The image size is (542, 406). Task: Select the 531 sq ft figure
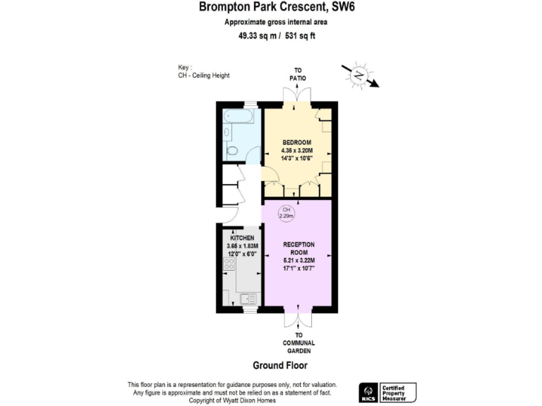click(301, 37)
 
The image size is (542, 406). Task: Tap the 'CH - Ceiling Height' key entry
click(204, 75)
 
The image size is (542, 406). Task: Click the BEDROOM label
click(297, 142)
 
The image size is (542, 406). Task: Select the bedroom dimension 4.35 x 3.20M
click(297, 150)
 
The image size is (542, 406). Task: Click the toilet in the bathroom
click(232, 149)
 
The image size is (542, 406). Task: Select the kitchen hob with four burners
click(229, 264)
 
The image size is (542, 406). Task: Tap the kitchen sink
click(247, 299)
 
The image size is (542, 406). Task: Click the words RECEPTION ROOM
click(298, 249)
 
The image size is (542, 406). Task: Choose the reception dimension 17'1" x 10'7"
click(298, 269)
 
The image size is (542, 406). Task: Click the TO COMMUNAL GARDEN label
click(299, 343)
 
